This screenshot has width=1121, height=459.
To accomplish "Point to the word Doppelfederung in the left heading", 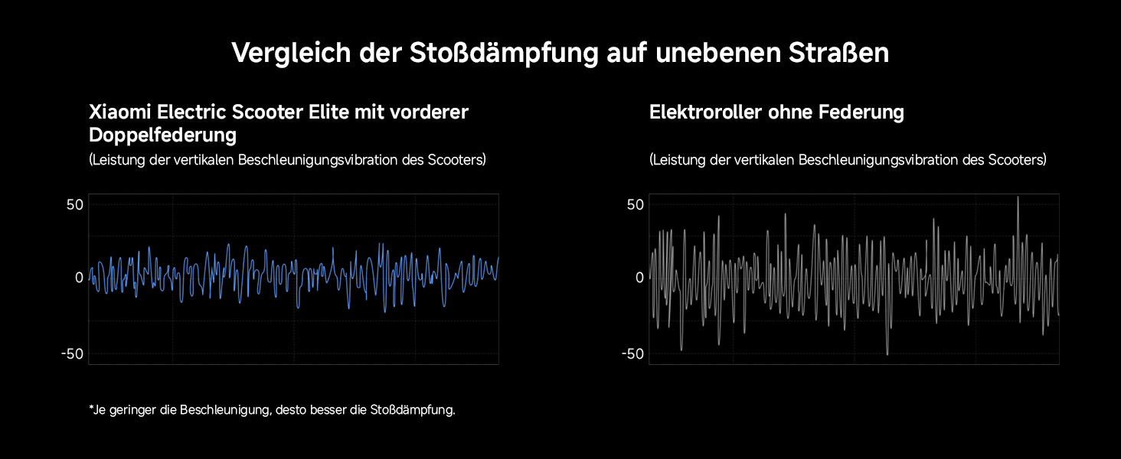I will click(162, 135).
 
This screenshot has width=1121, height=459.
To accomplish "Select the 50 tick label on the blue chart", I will click(74, 205).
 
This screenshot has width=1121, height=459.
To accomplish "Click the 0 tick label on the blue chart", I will click(79, 278).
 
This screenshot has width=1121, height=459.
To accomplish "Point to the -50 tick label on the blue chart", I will click(72, 353).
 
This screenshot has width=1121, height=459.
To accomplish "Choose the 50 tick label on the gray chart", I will click(635, 205).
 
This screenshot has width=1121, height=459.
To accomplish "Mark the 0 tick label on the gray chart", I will click(639, 278).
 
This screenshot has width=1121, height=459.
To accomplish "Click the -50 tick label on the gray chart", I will click(632, 353).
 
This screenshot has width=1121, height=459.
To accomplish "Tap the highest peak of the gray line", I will click(1018, 197).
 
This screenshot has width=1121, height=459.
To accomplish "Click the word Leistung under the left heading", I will click(116, 160).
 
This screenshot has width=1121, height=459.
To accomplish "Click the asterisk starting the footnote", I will click(91, 409).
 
